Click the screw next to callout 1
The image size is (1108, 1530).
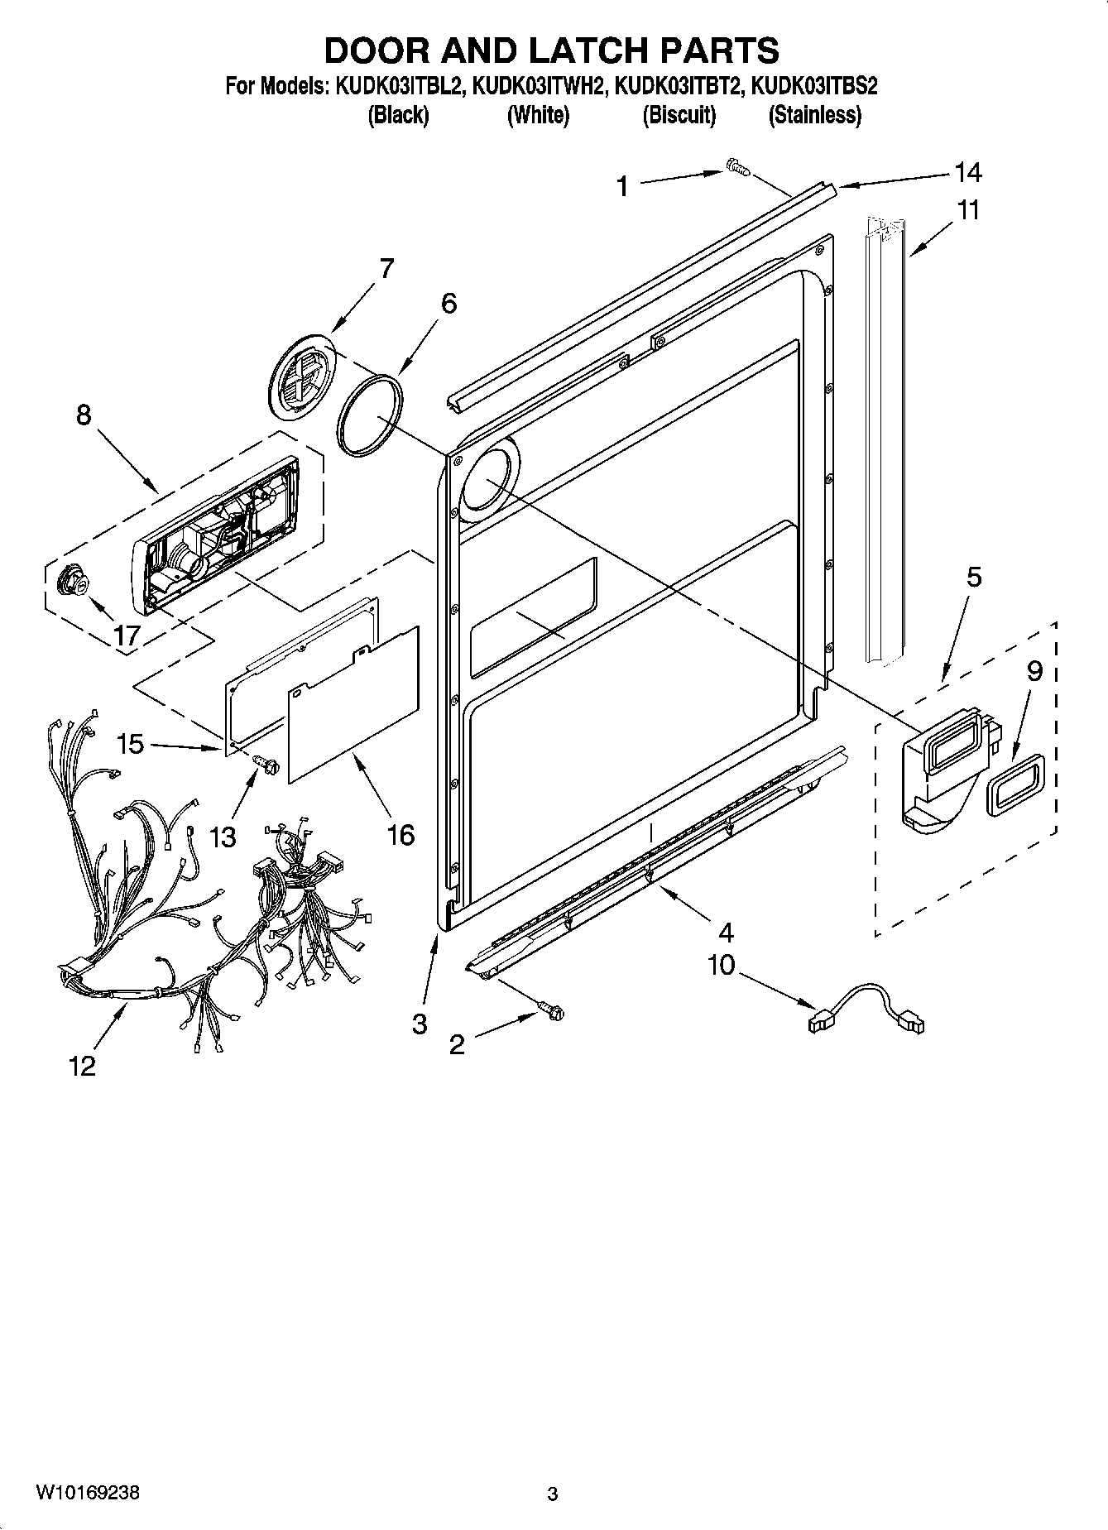(736, 168)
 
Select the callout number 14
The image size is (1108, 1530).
(967, 173)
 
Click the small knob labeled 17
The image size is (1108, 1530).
(72, 583)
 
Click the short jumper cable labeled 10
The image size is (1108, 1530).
(866, 1006)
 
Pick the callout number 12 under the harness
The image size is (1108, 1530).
(83, 1067)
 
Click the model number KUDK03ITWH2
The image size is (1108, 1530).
(537, 86)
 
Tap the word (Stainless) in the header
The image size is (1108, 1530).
(814, 115)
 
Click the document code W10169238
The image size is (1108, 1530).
(87, 1494)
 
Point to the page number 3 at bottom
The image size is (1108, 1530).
(553, 1494)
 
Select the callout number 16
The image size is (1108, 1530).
(400, 834)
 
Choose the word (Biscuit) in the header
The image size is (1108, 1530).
(679, 115)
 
